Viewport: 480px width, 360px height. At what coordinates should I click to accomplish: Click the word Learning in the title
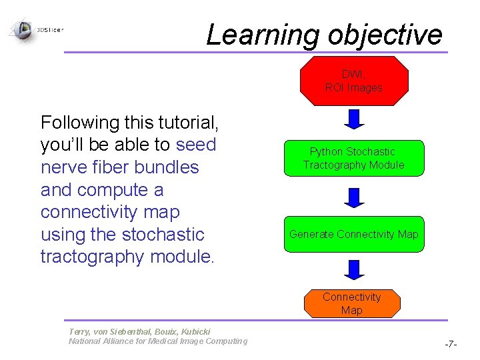coord(263,35)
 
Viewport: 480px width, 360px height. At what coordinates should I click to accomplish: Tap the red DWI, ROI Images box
coord(353,81)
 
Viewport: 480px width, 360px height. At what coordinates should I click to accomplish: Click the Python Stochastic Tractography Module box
coord(353,159)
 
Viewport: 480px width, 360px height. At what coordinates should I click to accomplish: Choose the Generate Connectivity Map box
coord(353,234)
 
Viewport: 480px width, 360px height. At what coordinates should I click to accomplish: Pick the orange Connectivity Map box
coord(351,303)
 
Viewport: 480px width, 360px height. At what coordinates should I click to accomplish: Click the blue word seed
coord(196,145)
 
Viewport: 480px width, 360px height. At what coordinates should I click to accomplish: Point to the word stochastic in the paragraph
coord(164,235)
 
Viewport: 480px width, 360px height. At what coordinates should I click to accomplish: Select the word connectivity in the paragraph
coord(110,212)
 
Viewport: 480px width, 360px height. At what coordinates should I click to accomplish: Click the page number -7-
coord(451,344)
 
